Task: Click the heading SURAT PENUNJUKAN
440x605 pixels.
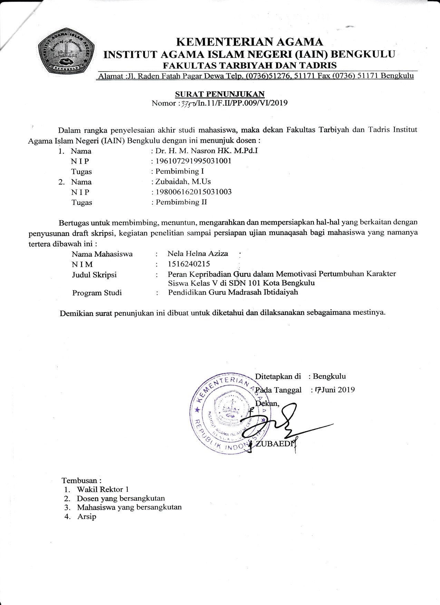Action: pyautogui.click(x=220, y=94)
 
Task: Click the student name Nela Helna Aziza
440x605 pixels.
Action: pyautogui.click(x=198, y=254)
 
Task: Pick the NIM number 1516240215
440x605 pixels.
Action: pyautogui.click(x=189, y=264)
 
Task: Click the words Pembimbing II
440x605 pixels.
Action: pyautogui.click(x=182, y=202)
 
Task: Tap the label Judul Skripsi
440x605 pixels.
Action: pyautogui.click(x=94, y=275)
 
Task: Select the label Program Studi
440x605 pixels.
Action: pyautogui.click(x=97, y=293)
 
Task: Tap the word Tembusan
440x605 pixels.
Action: pyautogui.click(x=81, y=480)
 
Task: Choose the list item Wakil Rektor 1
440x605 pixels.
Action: pyautogui.click(x=103, y=489)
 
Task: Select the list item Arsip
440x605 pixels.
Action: pyautogui.click(x=87, y=517)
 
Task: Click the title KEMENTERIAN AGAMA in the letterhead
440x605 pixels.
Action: pyautogui.click(x=250, y=42)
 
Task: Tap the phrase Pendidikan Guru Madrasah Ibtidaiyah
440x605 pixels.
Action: pyautogui.click(x=233, y=292)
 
